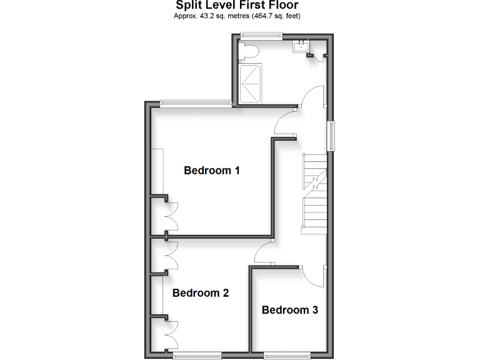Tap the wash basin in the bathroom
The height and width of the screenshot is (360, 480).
click(x=302, y=45)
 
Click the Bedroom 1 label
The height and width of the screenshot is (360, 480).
click(x=212, y=170)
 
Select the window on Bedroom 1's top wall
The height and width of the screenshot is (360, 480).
click(x=194, y=103)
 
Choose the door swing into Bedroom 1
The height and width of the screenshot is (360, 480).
click(x=286, y=121)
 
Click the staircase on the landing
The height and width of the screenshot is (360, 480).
click(x=314, y=193)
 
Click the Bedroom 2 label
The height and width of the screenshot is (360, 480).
click(x=201, y=292)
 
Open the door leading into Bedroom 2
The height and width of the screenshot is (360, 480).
click(x=266, y=253)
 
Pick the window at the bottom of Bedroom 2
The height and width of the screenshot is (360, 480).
click(x=197, y=356)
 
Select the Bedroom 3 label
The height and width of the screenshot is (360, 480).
click(x=290, y=310)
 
